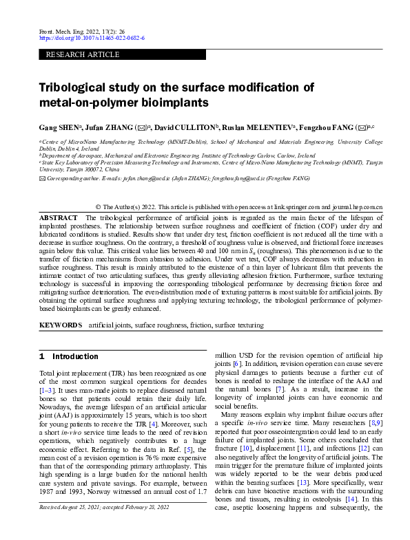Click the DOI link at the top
92,39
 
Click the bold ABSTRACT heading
59,217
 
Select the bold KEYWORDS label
61,323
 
